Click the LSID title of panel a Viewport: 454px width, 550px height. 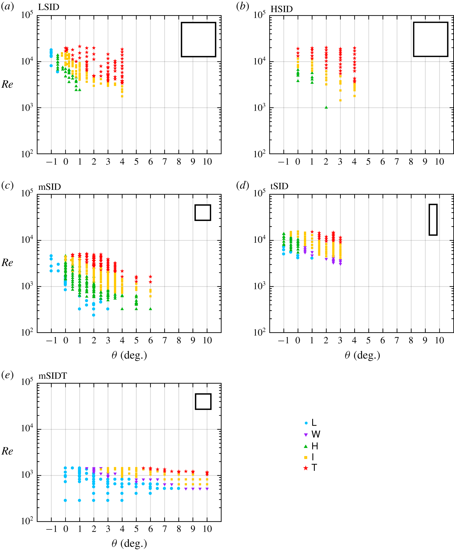click(x=49, y=7)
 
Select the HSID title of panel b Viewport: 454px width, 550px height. click(x=282, y=9)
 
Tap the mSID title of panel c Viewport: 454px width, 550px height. click(x=50, y=187)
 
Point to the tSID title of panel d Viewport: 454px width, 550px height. click(x=279, y=186)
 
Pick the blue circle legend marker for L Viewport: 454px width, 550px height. click(x=306, y=423)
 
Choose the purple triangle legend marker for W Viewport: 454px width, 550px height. click(x=306, y=435)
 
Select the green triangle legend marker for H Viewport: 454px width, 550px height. click(x=306, y=446)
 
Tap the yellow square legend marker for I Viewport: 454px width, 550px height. click(x=306, y=457)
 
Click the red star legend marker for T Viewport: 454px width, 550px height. click(x=306, y=468)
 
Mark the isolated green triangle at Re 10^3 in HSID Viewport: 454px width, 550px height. click(x=326, y=107)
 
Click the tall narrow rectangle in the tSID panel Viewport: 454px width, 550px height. click(x=433, y=220)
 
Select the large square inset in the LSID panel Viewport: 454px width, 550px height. click(x=198, y=39)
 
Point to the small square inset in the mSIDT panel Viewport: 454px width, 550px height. click(x=203, y=402)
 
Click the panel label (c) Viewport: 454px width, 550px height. click(x=7, y=186)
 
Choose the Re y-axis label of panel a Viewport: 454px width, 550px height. click(x=7, y=84)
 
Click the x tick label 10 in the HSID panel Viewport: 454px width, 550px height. click(x=439, y=162)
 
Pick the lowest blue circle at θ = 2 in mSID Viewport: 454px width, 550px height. click(x=93, y=315)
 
